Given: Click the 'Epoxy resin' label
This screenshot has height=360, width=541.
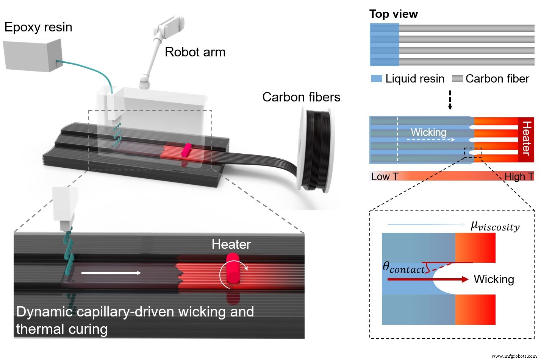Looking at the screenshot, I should pos(38,27).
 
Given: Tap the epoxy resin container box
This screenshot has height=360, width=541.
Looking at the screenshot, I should pos(32,56).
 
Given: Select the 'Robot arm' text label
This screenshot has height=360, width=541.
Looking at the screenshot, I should pos(195,52).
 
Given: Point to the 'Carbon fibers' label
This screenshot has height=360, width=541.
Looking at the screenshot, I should pos(301,97).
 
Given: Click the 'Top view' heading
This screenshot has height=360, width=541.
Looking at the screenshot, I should pos(393,14).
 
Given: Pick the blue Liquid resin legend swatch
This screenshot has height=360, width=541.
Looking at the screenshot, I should pos(377,79).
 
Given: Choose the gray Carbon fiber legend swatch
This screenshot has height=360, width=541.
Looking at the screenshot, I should pos(457,79).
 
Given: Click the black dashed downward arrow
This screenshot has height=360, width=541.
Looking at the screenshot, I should pos(450,100).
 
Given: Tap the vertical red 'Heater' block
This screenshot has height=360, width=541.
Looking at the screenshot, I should pos(526,139).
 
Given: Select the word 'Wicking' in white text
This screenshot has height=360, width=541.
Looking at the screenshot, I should pos(428,132).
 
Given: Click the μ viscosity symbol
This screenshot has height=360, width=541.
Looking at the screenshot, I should pos(495,226).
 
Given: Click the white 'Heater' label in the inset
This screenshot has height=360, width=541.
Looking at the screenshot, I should pos(231,244).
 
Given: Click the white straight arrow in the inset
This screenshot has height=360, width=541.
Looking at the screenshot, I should pos(111,273).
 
